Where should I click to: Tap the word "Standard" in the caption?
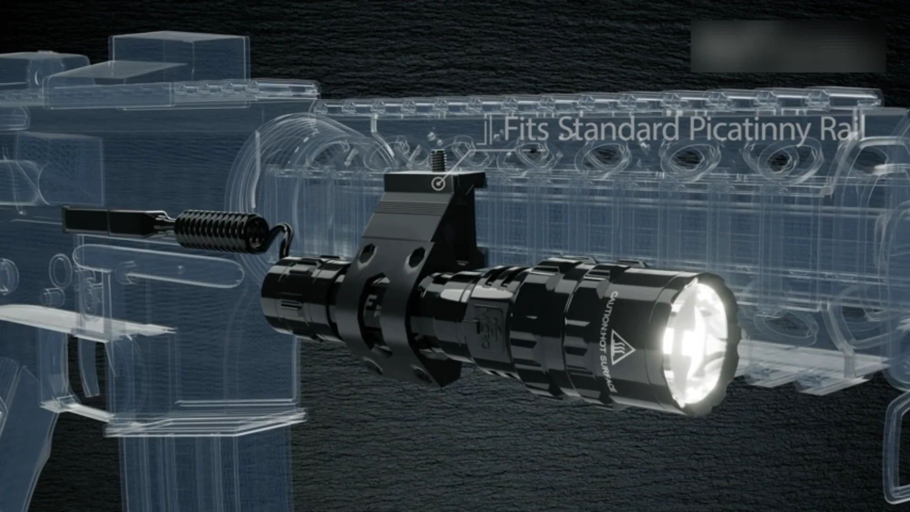619,129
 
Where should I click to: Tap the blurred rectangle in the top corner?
788,46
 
